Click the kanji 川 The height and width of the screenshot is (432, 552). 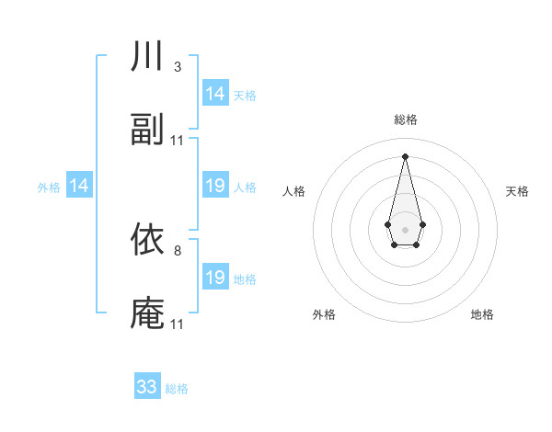pyautogui.click(x=147, y=57)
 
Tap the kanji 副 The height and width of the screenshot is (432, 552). pyautogui.click(x=147, y=131)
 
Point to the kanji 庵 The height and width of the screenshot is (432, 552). pyautogui.click(x=147, y=313)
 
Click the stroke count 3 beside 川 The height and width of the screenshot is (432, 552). pyautogui.click(x=177, y=67)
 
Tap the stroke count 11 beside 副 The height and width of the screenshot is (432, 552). pyautogui.click(x=178, y=141)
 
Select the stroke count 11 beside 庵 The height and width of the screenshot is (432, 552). pyautogui.click(x=178, y=324)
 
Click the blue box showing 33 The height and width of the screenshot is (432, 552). pyautogui.click(x=147, y=387)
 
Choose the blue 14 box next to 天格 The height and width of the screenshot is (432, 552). pyautogui.click(x=215, y=94)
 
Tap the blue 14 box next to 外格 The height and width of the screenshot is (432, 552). pyautogui.click(x=79, y=187)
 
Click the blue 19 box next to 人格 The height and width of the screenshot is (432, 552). pyautogui.click(x=215, y=187)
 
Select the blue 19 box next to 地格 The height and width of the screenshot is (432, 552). pyautogui.click(x=215, y=278)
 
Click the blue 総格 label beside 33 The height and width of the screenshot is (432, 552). pyautogui.click(x=177, y=389)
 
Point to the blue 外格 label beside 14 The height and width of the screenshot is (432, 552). pyautogui.click(x=49, y=188)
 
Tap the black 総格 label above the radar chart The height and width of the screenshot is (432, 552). pyautogui.click(x=405, y=119)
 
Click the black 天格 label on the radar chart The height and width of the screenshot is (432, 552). pyautogui.click(x=517, y=191)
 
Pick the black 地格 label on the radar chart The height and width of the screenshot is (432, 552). pyautogui.click(x=482, y=314)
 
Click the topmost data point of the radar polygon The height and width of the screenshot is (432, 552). pyautogui.click(x=405, y=155)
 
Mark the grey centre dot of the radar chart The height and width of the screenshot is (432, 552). pyautogui.click(x=405, y=228)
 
